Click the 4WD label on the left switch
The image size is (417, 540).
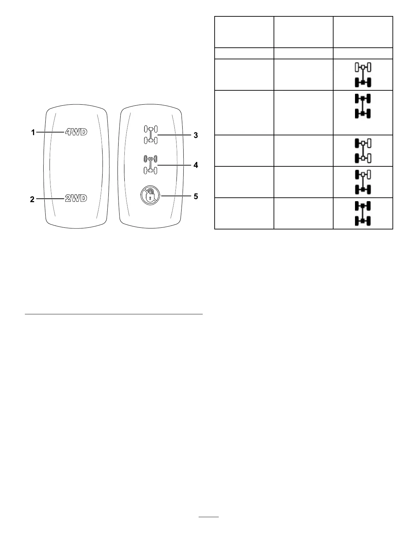(x=76, y=132)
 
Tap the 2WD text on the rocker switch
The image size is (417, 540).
(x=76, y=198)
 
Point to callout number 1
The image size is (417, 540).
(x=33, y=132)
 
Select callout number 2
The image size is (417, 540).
(x=32, y=199)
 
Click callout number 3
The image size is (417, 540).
(x=196, y=135)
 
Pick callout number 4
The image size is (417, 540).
(x=196, y=165)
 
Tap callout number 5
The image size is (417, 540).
(x=196, y=196)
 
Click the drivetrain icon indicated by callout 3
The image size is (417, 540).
(x=150, y=134)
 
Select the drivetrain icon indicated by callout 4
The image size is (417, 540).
(x=150, y=164)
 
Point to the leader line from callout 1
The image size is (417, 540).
(x=51, y=132)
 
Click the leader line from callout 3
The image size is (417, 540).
(x=174, y=135)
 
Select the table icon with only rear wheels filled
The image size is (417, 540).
(x=363, y=75)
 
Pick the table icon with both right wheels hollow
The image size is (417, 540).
(x=363, y=150)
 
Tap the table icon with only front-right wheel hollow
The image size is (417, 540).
(x=363, y=182)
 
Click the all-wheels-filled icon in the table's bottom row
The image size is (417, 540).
(x=363, y=213)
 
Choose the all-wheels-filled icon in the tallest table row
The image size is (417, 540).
(x=363, y=106)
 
